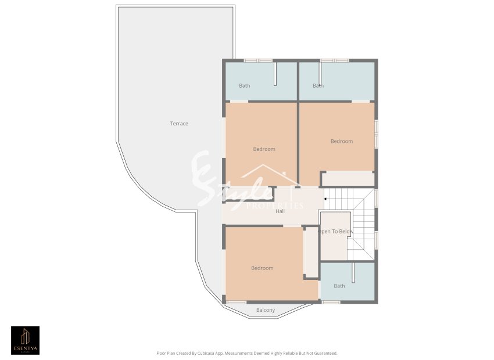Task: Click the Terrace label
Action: click(x=179, y=124)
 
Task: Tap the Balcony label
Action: click(x=266, y=310)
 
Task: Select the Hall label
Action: click(x=280, y=211)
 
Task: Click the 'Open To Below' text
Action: click(x=335, y=232)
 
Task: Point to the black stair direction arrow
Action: click(x=325, y=199)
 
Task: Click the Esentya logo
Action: click(x=26, y=340)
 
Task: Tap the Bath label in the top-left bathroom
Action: click(x=245, y=86)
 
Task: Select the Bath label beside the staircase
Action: click(x=339, y=286)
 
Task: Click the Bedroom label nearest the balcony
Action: click(x=262, y=268)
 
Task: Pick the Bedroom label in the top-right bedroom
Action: click(x=342, y=141)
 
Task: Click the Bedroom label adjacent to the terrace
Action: click(x=264, y=149)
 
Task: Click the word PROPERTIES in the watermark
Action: click(x=275, y=206)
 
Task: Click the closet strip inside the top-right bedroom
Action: click(x=348, y=178)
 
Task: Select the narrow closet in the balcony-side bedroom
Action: click(x=311, y=251)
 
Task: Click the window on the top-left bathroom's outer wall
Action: click(x=258, y=60)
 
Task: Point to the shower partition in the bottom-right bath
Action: click(x=353, y=272)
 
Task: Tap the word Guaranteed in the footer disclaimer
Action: click(x=323, y=353)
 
